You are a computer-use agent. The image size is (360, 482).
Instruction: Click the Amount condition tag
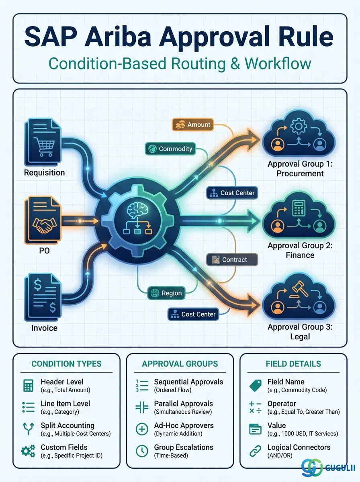pyautogui.click(x=192, y=125)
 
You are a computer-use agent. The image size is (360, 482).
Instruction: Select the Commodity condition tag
pyautogui.click(x=170, y=149)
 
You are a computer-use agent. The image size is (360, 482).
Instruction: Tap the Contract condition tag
pyautogui.click(x=232, y=259)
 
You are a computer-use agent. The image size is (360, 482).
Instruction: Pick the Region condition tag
pyautogui.click(x=166, y=293)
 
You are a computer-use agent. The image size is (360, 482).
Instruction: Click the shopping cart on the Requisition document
pyautogui.click(x=44, y=146)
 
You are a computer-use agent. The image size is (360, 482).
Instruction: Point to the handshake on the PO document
pyautogui.click(x=45, y=225)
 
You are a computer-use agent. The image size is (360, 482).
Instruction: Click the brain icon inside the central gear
pyautogui.click(x=137, y=210)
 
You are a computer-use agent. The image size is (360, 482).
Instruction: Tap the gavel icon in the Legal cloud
pyautogui.click(x=300, y=290)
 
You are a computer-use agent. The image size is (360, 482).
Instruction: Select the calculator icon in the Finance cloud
pyautogui.click(x=299, y=208)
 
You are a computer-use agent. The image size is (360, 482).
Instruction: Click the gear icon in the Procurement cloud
pyautogui.click(x=298, y=126)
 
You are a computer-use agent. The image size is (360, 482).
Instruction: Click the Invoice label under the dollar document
pyautogui.click(x=44, y=328)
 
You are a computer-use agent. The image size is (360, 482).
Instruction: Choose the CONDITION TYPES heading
pyautogui.click(x=66, y=364)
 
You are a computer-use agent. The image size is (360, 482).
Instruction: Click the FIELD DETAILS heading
pyautogui.click(x=293, y=364)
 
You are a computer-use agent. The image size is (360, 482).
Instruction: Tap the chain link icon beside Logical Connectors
pyautogui.click(x=255, y=451)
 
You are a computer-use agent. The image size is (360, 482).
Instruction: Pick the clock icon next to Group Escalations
pyautogui.click(x=142, y=451)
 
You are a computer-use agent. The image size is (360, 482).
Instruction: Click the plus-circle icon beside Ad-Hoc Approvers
pyautogui.click(x=142, y=429)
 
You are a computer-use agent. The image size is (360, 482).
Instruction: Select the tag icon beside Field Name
pyautogui.click(x=256, y=386)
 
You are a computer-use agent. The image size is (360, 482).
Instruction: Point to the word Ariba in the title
pyautogui.click(x=118, y=36)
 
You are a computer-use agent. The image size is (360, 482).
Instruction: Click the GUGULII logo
pyautogui.click(x=328, y=468)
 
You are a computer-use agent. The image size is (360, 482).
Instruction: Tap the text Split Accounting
pyautogui.click(x=67, y=425)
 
